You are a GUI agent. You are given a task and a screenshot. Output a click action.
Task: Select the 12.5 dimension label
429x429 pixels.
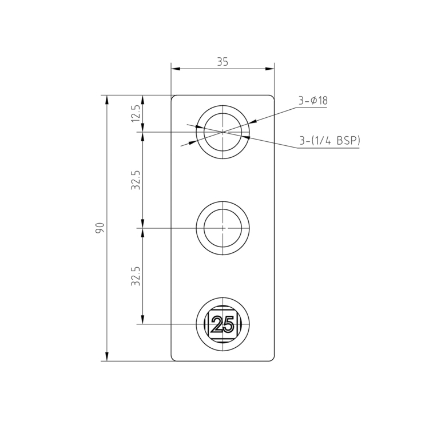coord(136,113)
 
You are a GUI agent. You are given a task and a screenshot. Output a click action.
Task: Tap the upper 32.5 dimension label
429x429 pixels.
coord(136,180)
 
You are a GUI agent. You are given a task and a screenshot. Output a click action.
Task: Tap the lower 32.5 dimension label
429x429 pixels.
coord(136,276)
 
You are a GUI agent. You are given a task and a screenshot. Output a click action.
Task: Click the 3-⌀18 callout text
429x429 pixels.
coord(312,101)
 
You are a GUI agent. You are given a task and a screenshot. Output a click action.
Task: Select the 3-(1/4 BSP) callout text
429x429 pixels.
coord(329,140)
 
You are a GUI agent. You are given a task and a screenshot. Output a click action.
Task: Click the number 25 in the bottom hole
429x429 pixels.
coord(223,325)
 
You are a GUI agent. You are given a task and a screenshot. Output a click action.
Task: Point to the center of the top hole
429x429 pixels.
coord(223,132)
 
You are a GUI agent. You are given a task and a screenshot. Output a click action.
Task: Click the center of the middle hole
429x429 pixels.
coord(223,228)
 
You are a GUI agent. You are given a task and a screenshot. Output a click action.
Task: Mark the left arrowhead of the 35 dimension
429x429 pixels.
coord(175,69)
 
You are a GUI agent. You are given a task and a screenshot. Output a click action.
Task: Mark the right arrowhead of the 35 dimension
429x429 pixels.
coord(271,69)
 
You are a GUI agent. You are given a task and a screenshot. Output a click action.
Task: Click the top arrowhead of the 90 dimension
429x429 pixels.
coord(106,99)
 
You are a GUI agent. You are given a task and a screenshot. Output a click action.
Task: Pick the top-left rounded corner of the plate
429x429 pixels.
coord(173,97)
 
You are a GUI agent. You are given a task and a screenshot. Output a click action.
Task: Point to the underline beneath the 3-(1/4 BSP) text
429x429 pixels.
coord(329,148)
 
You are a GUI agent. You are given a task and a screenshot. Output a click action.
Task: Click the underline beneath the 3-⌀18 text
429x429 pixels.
coord(312,108)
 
